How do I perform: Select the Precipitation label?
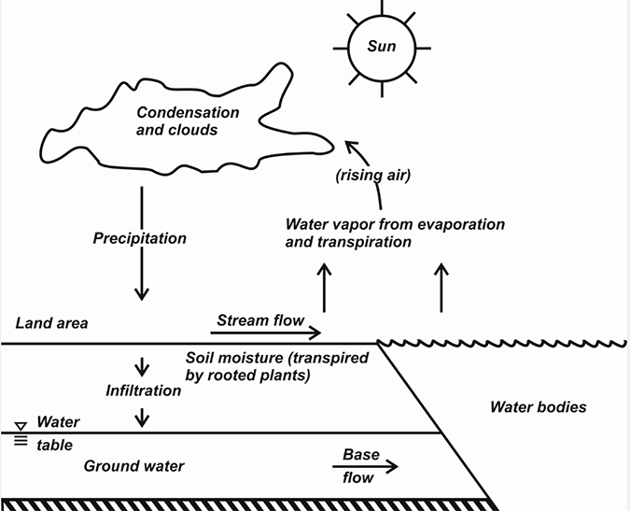140,238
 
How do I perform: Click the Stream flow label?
259,320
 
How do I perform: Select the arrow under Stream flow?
269,333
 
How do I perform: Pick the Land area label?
51,323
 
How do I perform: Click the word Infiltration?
143,390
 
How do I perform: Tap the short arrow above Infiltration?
142,367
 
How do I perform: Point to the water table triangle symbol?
20,425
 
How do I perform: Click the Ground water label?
134,465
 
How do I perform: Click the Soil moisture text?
239,358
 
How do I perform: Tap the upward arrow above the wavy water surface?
441,288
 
